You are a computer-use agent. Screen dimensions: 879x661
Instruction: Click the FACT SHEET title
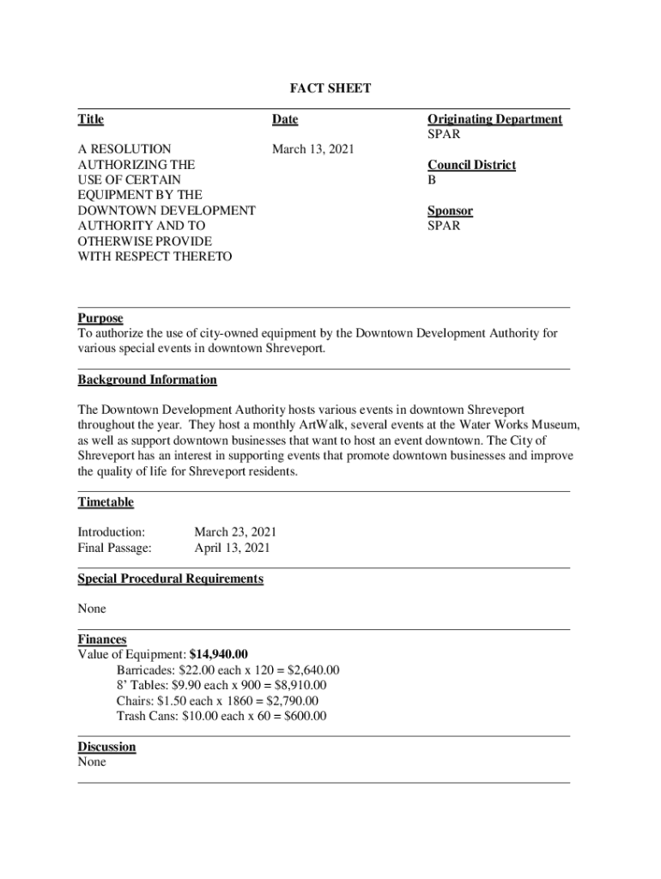pos(330,88)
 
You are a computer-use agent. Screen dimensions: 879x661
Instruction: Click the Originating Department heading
pos(494,119)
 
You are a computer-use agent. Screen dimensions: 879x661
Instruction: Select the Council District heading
pos(471,165)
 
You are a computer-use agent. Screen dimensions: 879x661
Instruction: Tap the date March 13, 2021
pos(312,149)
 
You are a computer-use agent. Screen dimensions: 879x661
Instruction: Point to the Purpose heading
pos(100,318)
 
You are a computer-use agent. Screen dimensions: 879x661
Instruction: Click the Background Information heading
pos(147,379)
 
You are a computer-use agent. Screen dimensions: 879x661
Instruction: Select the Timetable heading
pos(106,502)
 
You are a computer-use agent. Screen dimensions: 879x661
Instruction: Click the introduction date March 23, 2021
pos(235,532)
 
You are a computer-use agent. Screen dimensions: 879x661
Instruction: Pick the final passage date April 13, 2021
pos(232,548)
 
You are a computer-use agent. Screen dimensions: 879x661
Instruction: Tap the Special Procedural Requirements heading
pos(170,579)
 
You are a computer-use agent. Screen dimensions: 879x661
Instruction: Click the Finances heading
pos(102,640)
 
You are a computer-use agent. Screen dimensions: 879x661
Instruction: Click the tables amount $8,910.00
pos(297,686)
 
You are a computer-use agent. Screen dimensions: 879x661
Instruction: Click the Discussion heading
pos(106,747)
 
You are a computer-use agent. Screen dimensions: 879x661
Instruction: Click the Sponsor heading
pos(450,211)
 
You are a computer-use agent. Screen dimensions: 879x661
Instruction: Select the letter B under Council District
pos(432,180)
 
